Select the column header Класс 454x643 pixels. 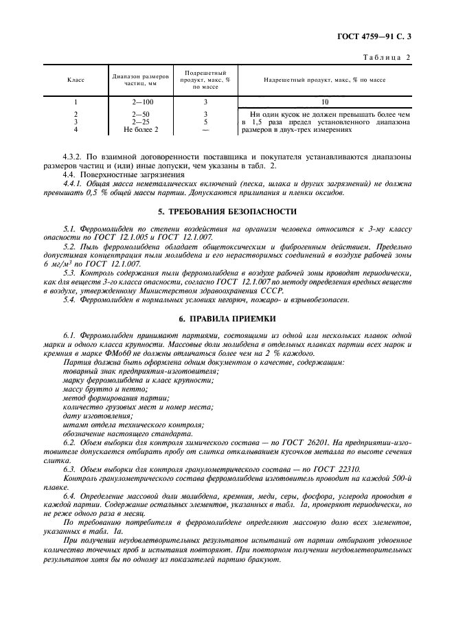coord(76,80)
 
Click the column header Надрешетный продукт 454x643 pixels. coord(325,80)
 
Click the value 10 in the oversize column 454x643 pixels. coord(326,102)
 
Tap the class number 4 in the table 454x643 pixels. coord(76,128)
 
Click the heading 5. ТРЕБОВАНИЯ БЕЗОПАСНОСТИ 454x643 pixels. coord(227,212)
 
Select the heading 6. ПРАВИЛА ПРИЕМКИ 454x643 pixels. coord(227,318)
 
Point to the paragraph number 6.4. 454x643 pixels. coord(69,495)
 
